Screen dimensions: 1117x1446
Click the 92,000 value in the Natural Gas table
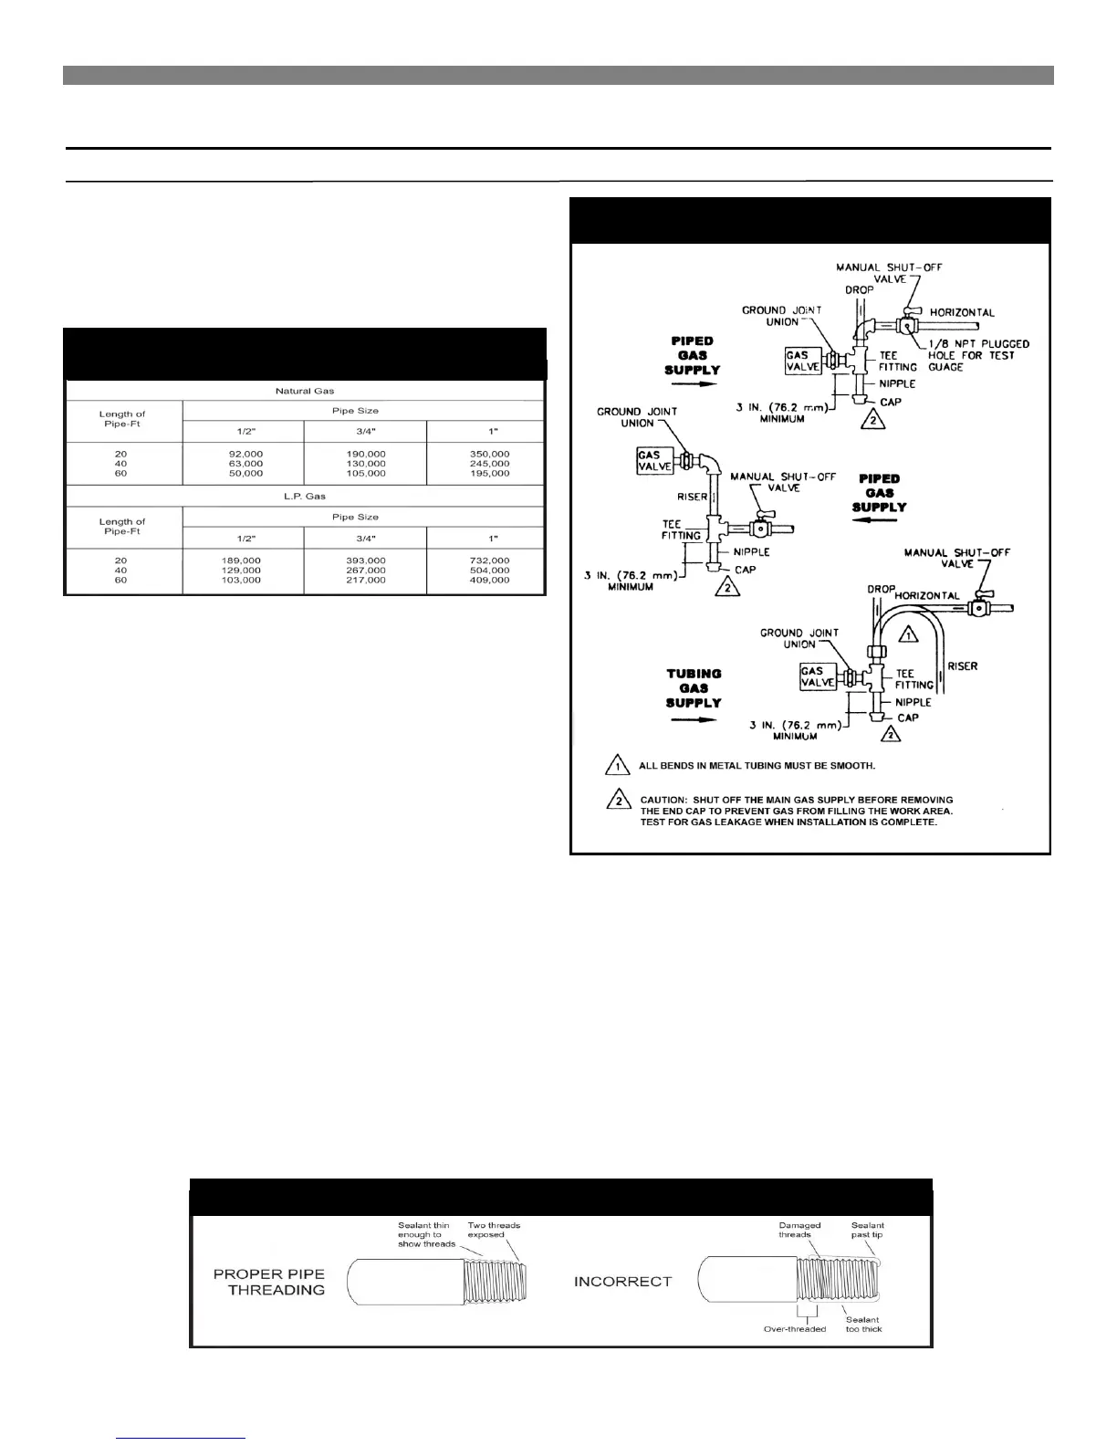(x=242, y=454)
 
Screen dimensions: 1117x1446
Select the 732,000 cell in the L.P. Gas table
(x=489, y=561)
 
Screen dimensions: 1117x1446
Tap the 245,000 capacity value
(x=489, y=464)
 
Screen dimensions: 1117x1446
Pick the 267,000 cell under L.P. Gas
(x=367, y=571)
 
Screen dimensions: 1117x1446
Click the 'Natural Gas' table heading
(x=305, y=391)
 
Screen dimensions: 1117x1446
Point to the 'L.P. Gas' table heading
(x=305, y=497)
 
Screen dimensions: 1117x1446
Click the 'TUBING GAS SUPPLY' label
(x=694, y=688)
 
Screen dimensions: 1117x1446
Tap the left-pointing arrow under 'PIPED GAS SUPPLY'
(x=879, y=521)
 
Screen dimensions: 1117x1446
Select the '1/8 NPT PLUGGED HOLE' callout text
(x=978, y=355)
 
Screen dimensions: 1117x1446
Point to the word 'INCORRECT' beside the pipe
(x=622, y=1282)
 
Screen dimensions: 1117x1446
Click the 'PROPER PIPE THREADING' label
(x=268, y=1282)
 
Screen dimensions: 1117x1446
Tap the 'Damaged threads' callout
(x=799, y=1230)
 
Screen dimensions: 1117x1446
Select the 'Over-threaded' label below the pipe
(x=794, y=1329)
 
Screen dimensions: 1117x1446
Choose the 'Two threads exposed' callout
(x=494, y=1230)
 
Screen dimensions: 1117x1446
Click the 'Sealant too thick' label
(x=863, y=1325)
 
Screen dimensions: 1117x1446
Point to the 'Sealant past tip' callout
(x=867, y=1230)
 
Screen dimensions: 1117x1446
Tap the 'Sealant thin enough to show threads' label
(x=426, y=1234)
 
